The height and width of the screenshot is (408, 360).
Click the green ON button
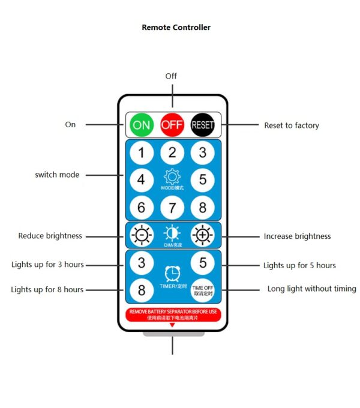142,125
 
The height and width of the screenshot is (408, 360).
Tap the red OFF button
172,125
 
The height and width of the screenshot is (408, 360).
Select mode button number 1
142,152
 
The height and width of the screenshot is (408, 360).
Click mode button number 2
172,152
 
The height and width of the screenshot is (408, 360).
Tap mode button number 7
172,208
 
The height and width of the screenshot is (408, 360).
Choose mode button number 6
142,208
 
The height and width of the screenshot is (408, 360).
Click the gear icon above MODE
172,177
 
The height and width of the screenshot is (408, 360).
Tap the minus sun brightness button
142,235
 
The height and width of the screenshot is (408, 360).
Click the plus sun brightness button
203,235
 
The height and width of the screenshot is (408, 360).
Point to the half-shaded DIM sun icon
172,233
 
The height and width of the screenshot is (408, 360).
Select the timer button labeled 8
142,290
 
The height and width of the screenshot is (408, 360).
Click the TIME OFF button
203,290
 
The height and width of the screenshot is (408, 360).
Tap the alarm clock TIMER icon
172,274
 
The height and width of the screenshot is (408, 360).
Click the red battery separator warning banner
172,314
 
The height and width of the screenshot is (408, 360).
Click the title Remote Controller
176,27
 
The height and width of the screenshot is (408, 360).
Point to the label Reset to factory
292,125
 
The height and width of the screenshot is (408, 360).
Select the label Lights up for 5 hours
299,265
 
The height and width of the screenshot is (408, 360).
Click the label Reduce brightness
50,236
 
